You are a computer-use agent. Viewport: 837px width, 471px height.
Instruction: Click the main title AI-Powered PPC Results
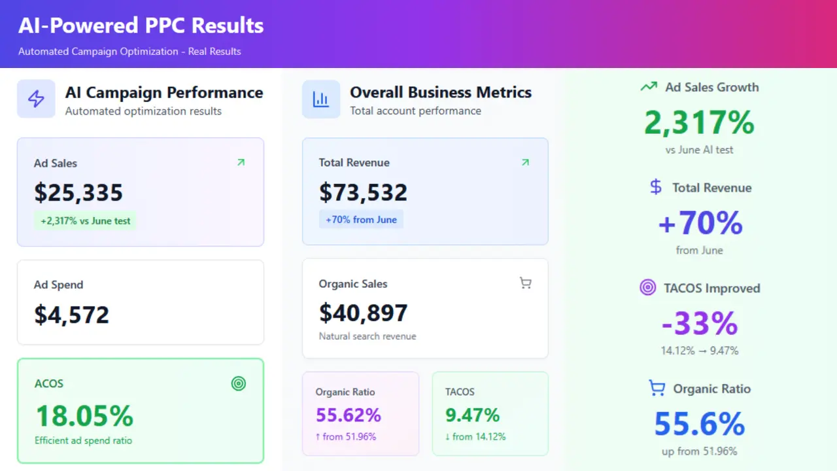click(x=141, y=26)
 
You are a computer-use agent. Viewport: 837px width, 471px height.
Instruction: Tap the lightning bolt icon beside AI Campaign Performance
click(x=36, y=99)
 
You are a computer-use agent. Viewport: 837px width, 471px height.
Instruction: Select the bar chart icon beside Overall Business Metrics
click(x=321, y=99)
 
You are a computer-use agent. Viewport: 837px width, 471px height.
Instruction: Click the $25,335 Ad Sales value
click(x=78, y=193)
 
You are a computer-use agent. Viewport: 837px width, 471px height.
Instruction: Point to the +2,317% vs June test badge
click(x=86, y=221)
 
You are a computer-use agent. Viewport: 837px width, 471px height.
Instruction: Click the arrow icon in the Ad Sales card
click(x=241, y=162)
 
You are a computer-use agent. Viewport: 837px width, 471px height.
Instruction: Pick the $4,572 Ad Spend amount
click(x=71, y=315)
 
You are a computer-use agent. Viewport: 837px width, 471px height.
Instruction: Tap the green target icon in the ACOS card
click(x=239, y=384)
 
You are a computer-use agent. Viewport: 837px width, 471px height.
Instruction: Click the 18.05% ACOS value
click(x=84, y=416)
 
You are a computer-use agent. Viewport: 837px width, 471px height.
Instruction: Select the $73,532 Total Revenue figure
click(x=363, y=192)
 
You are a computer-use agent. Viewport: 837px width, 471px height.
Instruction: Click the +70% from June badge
click(x=361, y=220)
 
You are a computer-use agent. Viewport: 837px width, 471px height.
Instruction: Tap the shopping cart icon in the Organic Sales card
click(x=525, y=283)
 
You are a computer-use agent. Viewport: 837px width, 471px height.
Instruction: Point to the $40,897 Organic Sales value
click(x=363, y=313)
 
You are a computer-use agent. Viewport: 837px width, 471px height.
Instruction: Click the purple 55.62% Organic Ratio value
click(x=348, y=415)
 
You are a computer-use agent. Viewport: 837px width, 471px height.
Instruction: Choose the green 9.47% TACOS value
click(x=472, y=415)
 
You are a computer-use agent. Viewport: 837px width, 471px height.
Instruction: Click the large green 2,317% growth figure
click(x=699, y=123)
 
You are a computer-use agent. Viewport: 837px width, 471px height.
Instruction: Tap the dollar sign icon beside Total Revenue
click(x=656, y=188)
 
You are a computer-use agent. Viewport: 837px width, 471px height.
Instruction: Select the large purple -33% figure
click(x=699, y=324)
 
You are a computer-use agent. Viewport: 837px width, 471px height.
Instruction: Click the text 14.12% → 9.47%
click(x=699, y=351)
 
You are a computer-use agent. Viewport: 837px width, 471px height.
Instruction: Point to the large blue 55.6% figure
click(x=699, y=424)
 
